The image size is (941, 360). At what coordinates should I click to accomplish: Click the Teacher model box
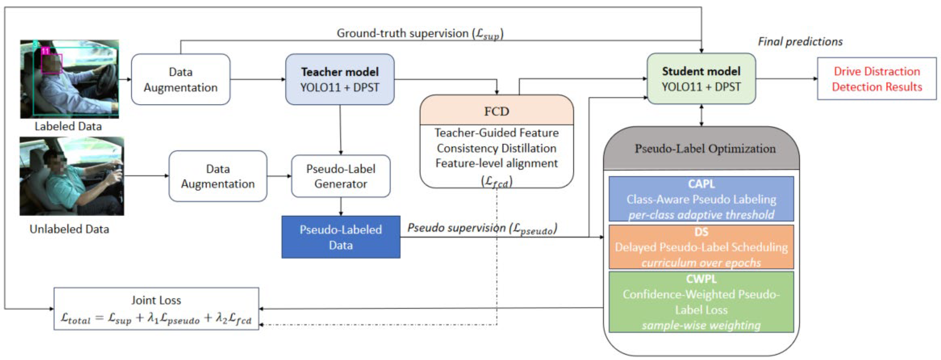click(340, 79)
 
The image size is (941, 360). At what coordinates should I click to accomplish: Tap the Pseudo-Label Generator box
click(340, 176)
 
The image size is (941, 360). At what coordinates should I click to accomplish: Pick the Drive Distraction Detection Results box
click(877, 79)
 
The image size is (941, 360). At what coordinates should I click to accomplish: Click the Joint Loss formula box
click(156, 309)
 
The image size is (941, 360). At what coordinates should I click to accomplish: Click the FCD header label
click(496, 111)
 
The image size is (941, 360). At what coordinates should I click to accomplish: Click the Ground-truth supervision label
click(420, 34)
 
